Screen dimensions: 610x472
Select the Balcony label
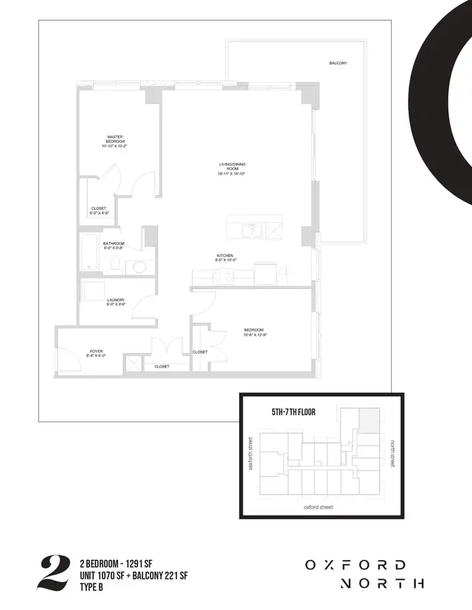coord(339,64)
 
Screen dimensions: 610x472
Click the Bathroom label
coord(114,245)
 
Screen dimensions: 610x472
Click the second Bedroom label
coord(254,332)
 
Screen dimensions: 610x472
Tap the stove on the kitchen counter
coord(223,277)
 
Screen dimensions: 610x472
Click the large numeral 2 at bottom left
coord(52,574)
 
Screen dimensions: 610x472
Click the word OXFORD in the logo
coord(355,565)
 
